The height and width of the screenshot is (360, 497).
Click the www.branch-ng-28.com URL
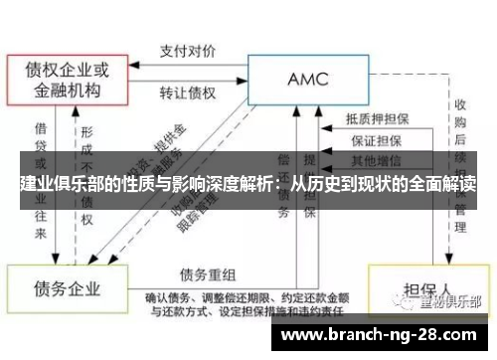coord(383,335)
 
